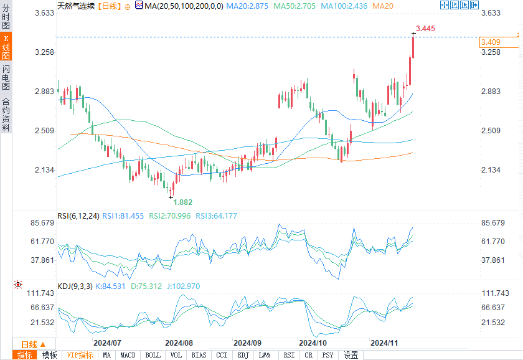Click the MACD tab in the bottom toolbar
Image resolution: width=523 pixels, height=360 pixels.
[128, 355]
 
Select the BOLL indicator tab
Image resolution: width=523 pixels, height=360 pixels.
[153, 355]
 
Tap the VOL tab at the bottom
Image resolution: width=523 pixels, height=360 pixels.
[176, 355]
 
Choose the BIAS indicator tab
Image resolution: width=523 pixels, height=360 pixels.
[199, 355]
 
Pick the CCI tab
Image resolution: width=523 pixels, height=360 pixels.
[222, 355]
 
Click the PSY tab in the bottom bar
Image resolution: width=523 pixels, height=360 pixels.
[327, 355]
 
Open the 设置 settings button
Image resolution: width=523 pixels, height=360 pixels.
[351, 355]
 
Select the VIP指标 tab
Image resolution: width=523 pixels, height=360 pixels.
[80, 355]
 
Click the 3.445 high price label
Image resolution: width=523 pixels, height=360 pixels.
[425, 29]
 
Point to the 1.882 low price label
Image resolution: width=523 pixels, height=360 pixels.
[183, 202]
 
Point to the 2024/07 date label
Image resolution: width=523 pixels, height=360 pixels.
[106, 343]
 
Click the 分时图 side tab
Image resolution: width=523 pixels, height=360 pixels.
[6, 17]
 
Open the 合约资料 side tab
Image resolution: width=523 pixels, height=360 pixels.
[6, 114]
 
